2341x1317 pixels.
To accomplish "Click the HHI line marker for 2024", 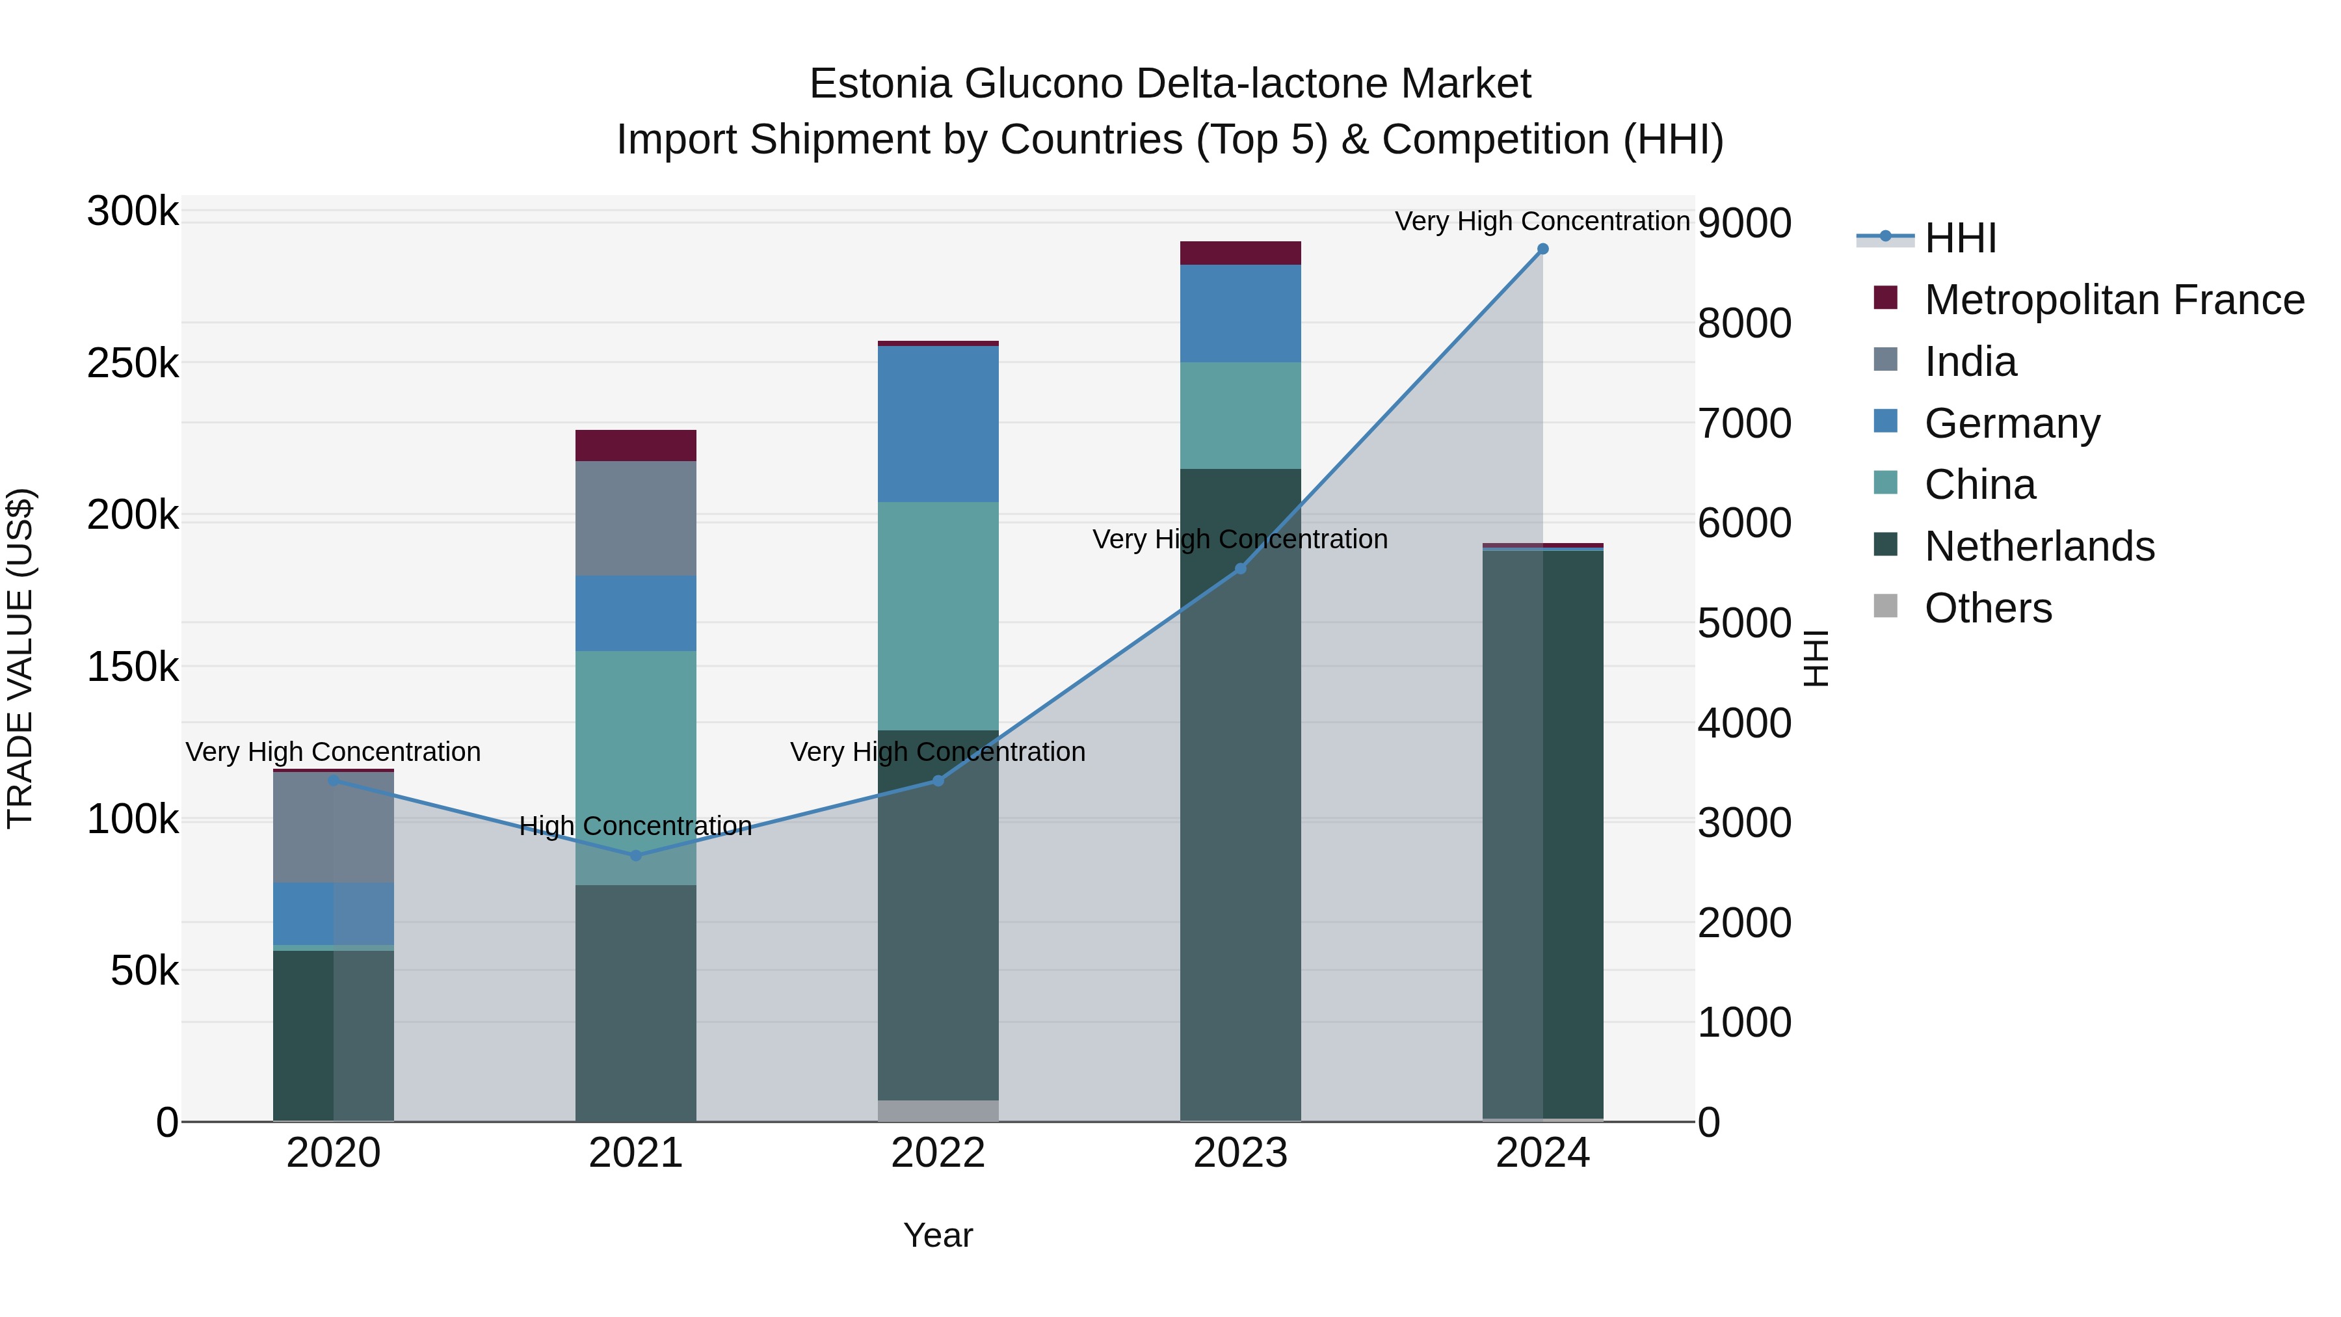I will click(1542, 249).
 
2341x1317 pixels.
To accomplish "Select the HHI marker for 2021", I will click(635, 855).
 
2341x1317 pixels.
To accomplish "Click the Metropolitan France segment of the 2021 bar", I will click(635, 446).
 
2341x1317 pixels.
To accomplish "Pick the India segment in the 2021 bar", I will click(635, 518).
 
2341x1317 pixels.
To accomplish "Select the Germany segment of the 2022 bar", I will click(938, 423).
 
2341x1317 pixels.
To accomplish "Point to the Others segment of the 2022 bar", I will click(938, 1111).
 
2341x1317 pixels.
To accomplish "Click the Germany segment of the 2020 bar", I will click(334, 914).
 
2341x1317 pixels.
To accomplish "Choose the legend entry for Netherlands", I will click(2039, 546).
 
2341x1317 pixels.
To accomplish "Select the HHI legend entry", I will click(1959, 238).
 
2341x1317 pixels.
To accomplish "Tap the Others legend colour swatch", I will click(1886, 606).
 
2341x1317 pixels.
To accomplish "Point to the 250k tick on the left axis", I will click(133, 364).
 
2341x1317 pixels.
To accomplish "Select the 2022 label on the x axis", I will click(938, 1153).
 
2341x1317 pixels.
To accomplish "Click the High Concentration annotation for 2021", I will click(635, 826).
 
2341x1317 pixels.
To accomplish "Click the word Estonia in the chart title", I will click(880, 84).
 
